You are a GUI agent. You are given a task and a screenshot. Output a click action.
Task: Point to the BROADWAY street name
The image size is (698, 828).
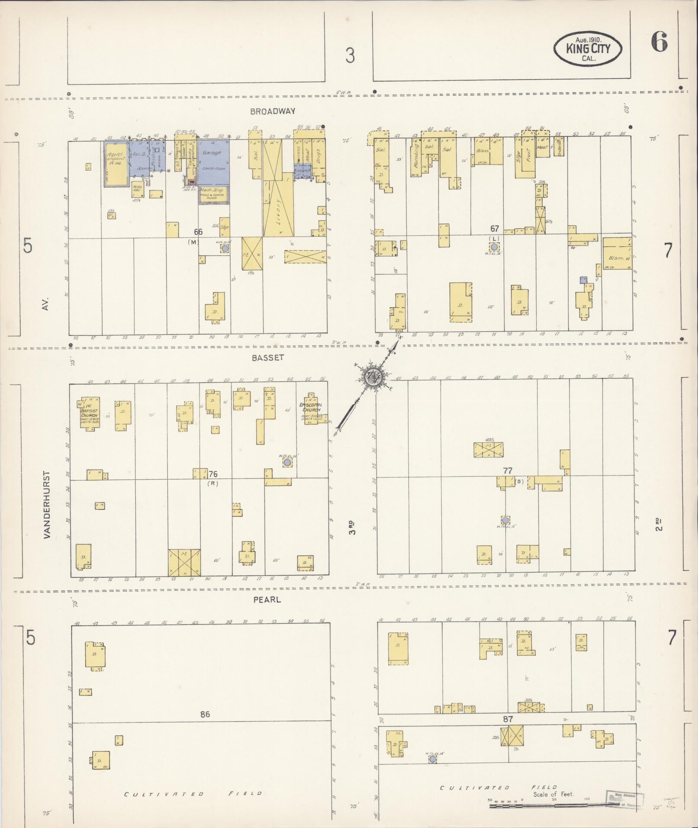[x=273, y=111]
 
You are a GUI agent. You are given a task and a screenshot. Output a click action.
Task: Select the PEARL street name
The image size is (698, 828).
[x=267, y=599]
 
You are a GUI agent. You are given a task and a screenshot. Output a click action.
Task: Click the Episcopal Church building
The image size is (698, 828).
[x=311, y=409]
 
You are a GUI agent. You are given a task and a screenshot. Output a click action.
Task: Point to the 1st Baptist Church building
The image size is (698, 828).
[x=89, y=414]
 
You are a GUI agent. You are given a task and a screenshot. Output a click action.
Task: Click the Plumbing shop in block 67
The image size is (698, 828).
[x=416, y=157]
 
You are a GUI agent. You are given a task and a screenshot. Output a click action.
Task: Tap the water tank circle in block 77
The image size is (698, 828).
[x=505, y=520]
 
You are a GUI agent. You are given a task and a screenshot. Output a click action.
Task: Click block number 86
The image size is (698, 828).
[x=205, y=714]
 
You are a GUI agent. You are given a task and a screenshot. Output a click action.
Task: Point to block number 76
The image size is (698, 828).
[x=213, y=474]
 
